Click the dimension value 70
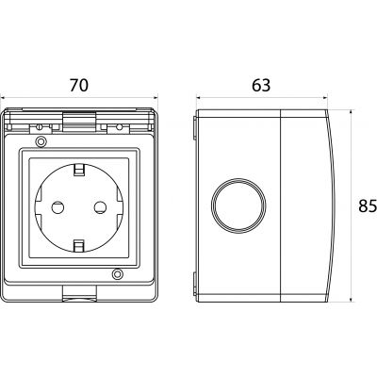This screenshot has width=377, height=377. pyautogui.click(x=79, y=86)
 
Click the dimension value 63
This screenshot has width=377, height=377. pyautogui.click(x=261, y=86)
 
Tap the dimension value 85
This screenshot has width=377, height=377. pyautogui.click(x=368, y=206)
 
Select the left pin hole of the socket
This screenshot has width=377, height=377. pyautogui.click(x=57, y=207)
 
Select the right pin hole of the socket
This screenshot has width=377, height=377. pyautogui.click(x=101, y=207)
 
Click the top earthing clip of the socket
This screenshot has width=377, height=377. pyautogui.click(x=79, y=169)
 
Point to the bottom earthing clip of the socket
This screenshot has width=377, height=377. pyautogui.click(x=79, y=246)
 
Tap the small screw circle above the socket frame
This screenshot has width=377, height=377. pyautogui.click(x=41, y=141)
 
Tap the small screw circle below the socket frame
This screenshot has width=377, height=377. pyautogui.click(x=118, y=274)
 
